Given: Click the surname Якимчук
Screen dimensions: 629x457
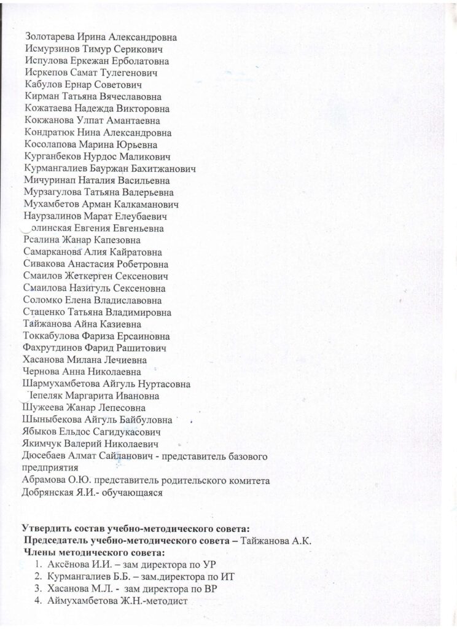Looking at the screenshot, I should tap(45, 443).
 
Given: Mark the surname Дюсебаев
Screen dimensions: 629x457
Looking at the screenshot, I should tap(47, 456).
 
